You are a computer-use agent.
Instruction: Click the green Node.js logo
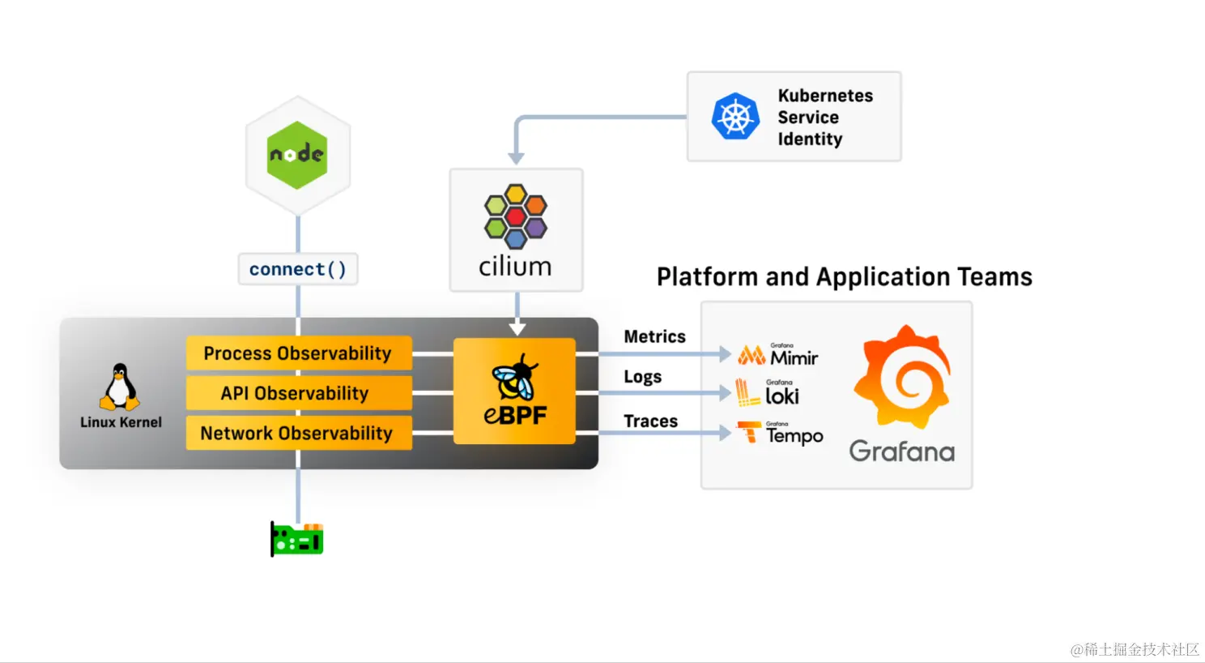(297, 155)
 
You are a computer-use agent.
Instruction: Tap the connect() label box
(298, 269)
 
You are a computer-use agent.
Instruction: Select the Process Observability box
(299, 353)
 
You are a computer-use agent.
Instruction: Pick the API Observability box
(299, 393)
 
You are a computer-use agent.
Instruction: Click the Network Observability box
(299, 433)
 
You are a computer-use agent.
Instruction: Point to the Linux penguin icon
(120, 387)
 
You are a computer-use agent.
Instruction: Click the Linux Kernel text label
(121, 422)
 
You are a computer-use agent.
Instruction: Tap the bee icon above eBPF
(515, 377)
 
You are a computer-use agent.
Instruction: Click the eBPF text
(515, 415)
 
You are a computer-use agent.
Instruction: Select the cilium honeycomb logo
(515, 216)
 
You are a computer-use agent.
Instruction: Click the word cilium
(515, 267)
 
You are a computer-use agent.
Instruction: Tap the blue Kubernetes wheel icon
(735, 117)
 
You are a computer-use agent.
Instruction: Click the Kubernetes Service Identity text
(825, 118)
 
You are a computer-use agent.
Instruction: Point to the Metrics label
(654, 336)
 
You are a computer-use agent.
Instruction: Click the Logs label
(643, 377)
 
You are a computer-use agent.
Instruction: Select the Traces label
(650, 421)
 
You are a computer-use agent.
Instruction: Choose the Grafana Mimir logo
(778, 355)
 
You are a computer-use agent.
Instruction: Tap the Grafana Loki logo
(768, 392)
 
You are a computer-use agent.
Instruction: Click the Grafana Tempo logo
(780, 434)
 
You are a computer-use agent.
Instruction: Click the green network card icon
(297, 539)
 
